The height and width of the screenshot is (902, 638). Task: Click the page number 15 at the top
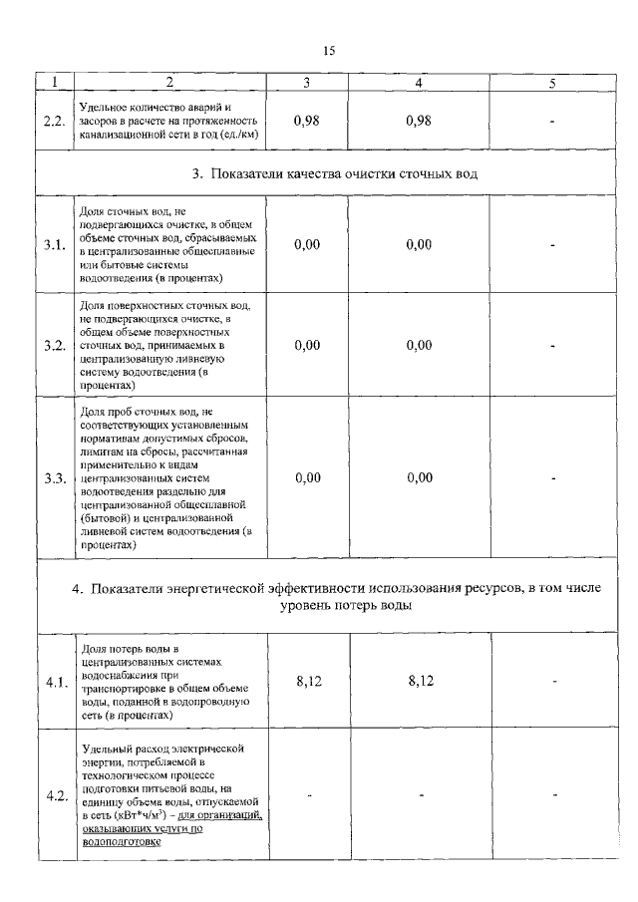(x=330, y=51)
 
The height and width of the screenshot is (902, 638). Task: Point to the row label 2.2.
(x=55, y=121)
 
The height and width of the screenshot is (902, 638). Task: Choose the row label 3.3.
(x=55, y=477)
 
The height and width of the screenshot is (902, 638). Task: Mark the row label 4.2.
(x=55, y=794)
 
